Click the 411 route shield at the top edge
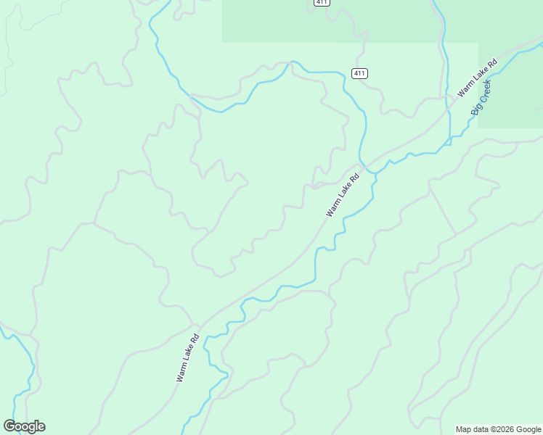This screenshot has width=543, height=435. (322, 3)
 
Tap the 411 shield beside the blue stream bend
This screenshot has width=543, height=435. (359, 73)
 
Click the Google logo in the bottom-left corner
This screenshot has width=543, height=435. (24, 426)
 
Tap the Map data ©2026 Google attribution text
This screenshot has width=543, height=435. (498, 429)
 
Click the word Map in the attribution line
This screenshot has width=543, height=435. (463, 429)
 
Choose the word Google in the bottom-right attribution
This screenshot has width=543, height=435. (528, 429)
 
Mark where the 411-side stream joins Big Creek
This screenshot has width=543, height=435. (368, 171)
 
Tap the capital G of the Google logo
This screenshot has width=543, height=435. (9, 426)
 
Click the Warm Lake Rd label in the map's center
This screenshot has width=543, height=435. (343, 195)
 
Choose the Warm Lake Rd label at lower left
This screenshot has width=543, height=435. (187, 357)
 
